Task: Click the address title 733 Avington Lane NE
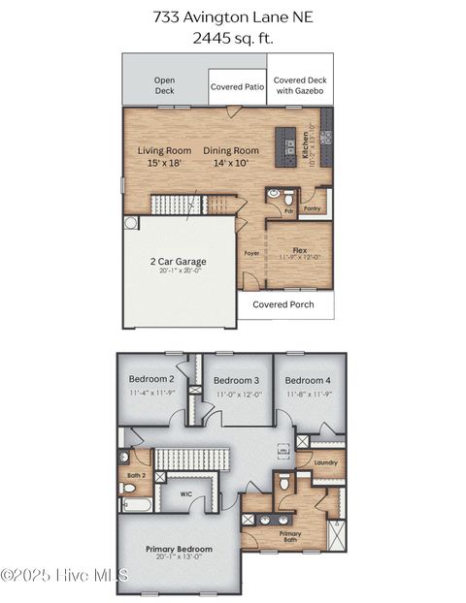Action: tap(232, 16)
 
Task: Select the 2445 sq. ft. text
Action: tap(232, 38)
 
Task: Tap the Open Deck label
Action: tap(164, 85)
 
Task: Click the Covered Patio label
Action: tap(238, 86)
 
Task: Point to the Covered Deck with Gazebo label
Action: tap(298, 85)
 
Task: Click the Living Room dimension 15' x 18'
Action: tap(164, 163)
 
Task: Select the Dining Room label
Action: tap(231, 150)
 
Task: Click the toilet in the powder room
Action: tap(275, 194)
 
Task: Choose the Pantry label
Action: tap(312, 207)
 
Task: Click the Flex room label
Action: tap(300, 249)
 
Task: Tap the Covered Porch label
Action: tap(283, 303)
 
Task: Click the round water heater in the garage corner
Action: tap(131, 223)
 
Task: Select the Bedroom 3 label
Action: tap(236, 380)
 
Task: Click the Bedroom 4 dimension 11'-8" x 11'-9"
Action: tap(310, 395)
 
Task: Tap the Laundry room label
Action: tap(326, 462)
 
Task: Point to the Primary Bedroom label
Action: tap(179, 549)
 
